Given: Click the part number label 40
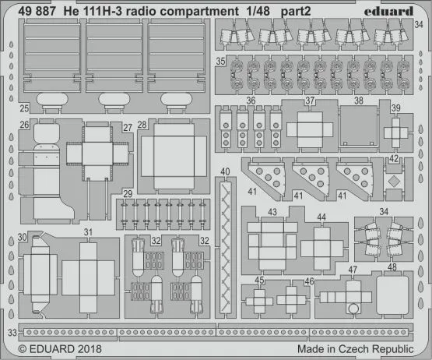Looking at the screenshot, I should [x=225, y=172].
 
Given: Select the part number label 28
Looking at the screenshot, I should [x=142, y=125].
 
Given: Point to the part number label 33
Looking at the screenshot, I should [x=11, y=334].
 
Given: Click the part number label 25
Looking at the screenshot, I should [x=24, y=108].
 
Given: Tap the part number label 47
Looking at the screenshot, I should [x=353, y=270].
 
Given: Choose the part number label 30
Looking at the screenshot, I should [x=23, y=238].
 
